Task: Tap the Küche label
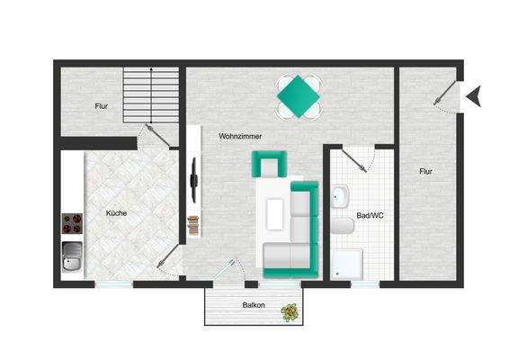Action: point(116,213)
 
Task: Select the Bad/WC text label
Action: point(370,216)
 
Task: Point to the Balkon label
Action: point(254,306)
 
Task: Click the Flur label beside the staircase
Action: point(102,106)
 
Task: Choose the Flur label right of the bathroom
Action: point(424,170)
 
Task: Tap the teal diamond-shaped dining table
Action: point(299,94)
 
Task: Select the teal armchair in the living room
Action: point(270,165)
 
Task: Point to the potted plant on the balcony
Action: point(290,312)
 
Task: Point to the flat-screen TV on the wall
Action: point(193,176)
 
